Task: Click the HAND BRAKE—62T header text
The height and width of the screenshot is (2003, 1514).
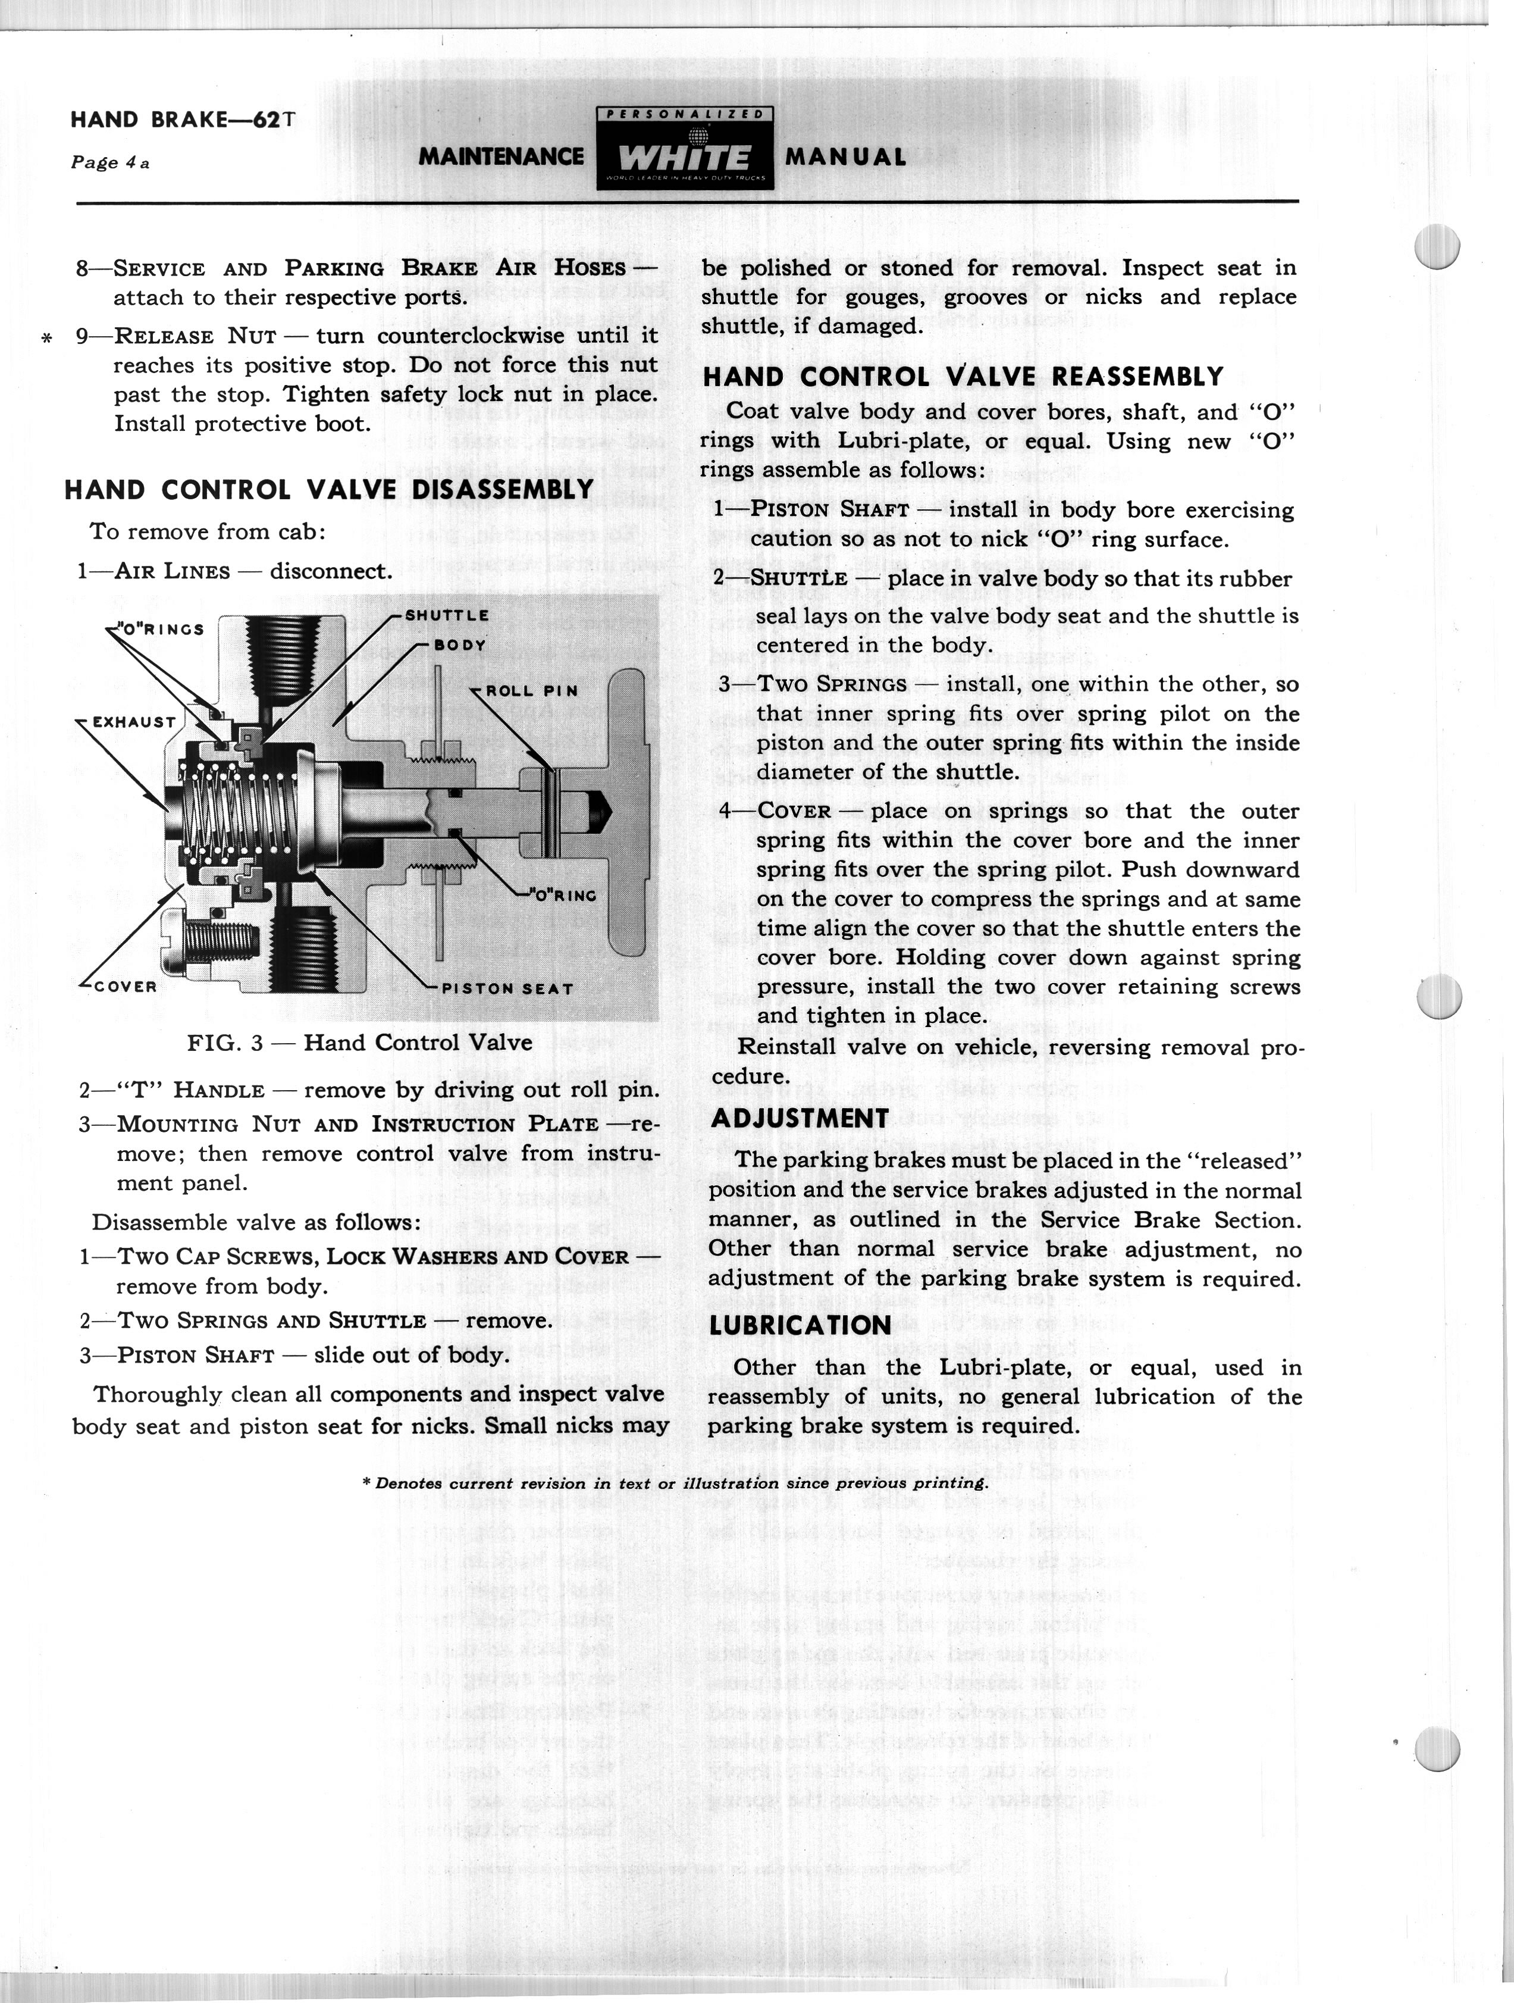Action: coord(183,120)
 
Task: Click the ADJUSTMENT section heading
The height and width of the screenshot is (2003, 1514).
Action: coord(800,1118)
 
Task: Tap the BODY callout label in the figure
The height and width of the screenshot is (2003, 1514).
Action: coord(460,646)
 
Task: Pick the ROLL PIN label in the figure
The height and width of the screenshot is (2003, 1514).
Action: coord(531,691)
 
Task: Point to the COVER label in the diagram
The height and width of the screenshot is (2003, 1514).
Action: coord(125,986)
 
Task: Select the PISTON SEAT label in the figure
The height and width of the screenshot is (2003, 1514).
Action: coord(507,989)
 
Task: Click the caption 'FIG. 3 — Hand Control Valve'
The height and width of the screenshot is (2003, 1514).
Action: coord(359,1042)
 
